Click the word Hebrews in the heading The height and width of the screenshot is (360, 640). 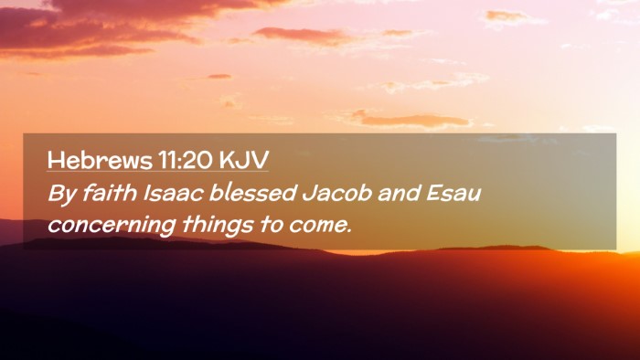(100, 160)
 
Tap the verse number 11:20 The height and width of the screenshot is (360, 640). (186, 160)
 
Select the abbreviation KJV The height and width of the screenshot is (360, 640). (244, 160)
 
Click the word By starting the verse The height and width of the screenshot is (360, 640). (62, 194)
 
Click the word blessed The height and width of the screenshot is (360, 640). (252, 193)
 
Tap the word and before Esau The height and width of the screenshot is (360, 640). (400, 193)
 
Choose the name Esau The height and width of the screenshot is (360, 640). (453, 194)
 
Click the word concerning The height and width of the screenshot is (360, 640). (112, 226)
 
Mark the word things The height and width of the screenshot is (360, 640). (218, 225)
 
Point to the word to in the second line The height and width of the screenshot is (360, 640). (271, 225)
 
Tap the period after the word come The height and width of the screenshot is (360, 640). (349, 232)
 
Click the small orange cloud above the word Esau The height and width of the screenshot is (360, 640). (412, 120)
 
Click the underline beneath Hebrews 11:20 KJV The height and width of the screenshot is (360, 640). (157, 171)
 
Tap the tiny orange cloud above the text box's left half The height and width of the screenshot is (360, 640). (219, 76)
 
